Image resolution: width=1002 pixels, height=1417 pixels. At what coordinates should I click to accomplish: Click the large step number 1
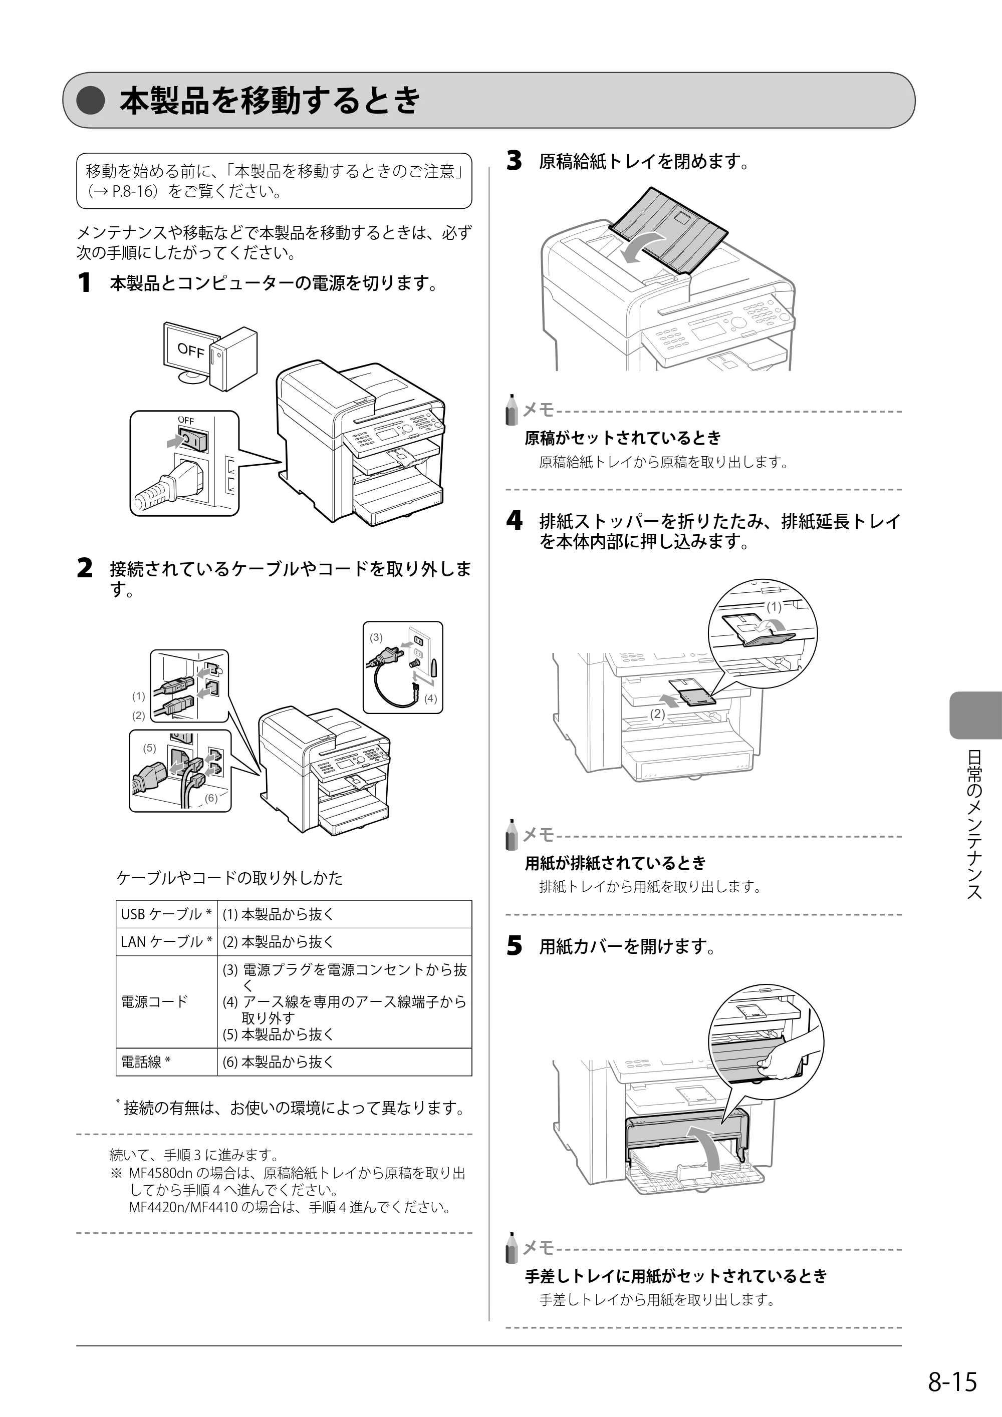tap(84, 283)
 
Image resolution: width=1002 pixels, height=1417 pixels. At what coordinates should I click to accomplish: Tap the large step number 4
tap(514, 522)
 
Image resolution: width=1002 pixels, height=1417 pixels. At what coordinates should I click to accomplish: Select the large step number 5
tap(514, 946)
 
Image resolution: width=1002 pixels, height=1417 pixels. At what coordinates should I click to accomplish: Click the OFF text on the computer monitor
tap(191, 350)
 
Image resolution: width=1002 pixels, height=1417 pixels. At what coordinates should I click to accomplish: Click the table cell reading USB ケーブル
tap(167, 914)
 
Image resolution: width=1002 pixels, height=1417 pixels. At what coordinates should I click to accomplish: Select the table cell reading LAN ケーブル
tap(167, 942)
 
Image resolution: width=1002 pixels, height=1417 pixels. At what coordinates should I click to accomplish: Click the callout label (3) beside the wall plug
tap(376, 637)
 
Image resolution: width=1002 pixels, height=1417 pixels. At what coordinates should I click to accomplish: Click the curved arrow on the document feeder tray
tap(642, 246)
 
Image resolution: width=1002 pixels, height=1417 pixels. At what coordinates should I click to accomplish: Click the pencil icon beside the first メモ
tap(511, 410)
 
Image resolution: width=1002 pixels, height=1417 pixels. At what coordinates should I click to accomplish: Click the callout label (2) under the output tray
tap(657, 714)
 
